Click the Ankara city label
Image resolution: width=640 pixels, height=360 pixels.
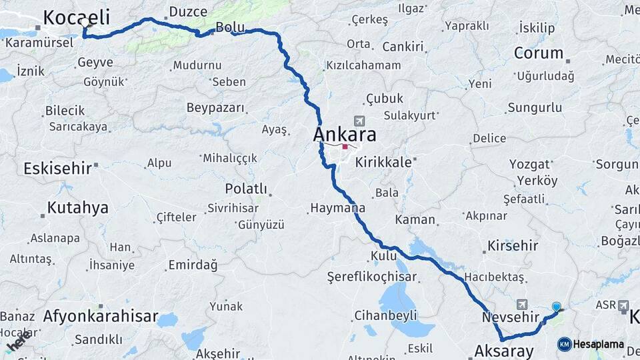(345, 134)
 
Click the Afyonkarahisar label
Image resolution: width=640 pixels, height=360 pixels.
(101, 316)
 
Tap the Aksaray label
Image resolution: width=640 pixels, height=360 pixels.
(504, 351)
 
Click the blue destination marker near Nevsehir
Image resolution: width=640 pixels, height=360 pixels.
(557, 307)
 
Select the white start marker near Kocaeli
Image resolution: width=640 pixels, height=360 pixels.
(85, 23)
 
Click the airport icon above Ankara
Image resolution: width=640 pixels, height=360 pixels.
(360, 121)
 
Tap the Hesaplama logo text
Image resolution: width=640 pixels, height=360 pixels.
(598, 344)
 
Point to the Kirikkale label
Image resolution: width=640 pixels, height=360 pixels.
(383, 162)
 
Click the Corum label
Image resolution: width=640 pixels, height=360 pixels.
(539, 53)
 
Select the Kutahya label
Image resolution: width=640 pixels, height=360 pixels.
(77, 208)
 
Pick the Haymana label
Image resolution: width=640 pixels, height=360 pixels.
(337, 209)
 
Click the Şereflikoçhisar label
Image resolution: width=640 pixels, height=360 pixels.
(371, 276)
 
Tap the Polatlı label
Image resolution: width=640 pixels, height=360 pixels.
(245, 189)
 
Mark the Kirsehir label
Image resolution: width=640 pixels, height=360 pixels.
(513, 245)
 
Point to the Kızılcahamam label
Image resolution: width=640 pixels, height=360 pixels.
(363, 65)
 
